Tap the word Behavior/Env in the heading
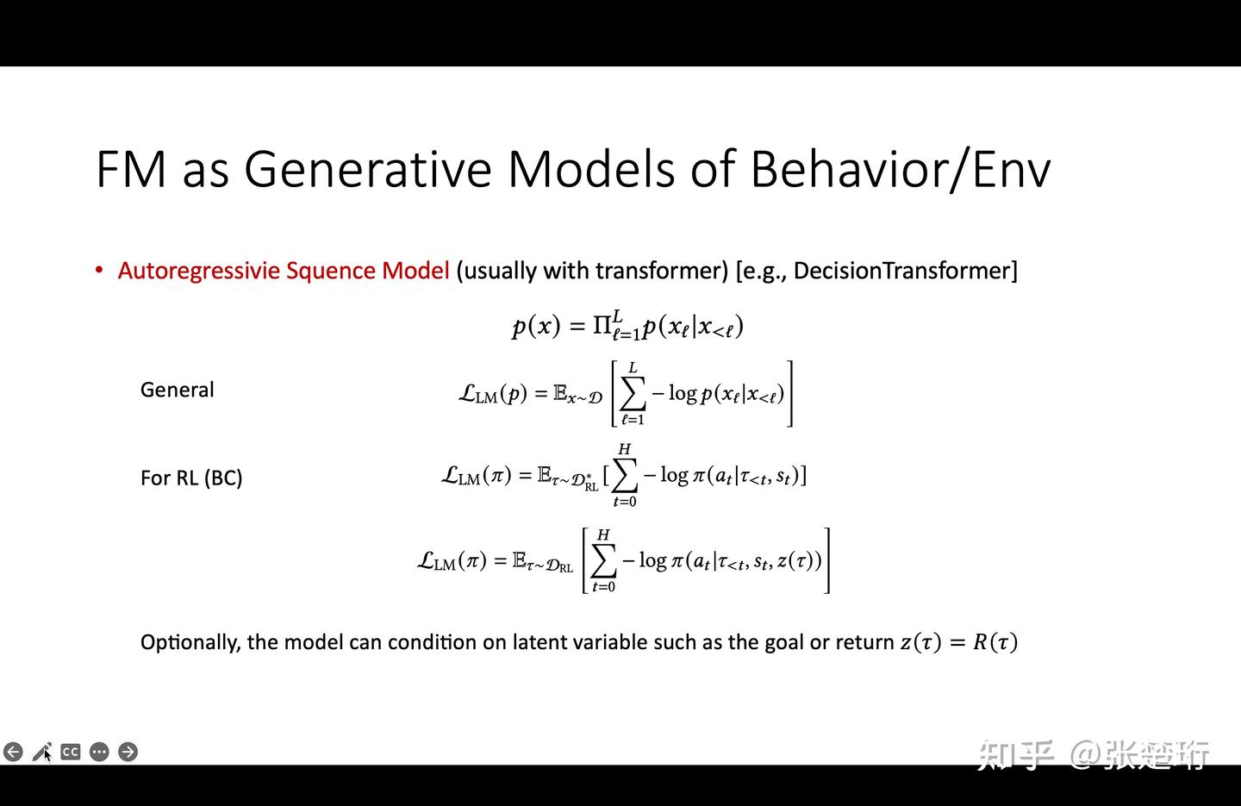click(900, 169)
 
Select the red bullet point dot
click(100, 271)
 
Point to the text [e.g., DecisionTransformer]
click(876, 271)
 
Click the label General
click(177, 390)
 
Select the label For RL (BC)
click(191, 478)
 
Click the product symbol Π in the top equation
click(602, 326)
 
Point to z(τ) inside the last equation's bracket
click(798, 561)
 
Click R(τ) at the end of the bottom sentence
click(995, 642)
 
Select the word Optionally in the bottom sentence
click(190, 642)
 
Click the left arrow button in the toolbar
click(13, 752)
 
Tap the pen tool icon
click(41, 752)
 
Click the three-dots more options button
click(99, 752)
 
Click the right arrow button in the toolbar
click(128, 752)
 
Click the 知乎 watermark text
click(1015, 754)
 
